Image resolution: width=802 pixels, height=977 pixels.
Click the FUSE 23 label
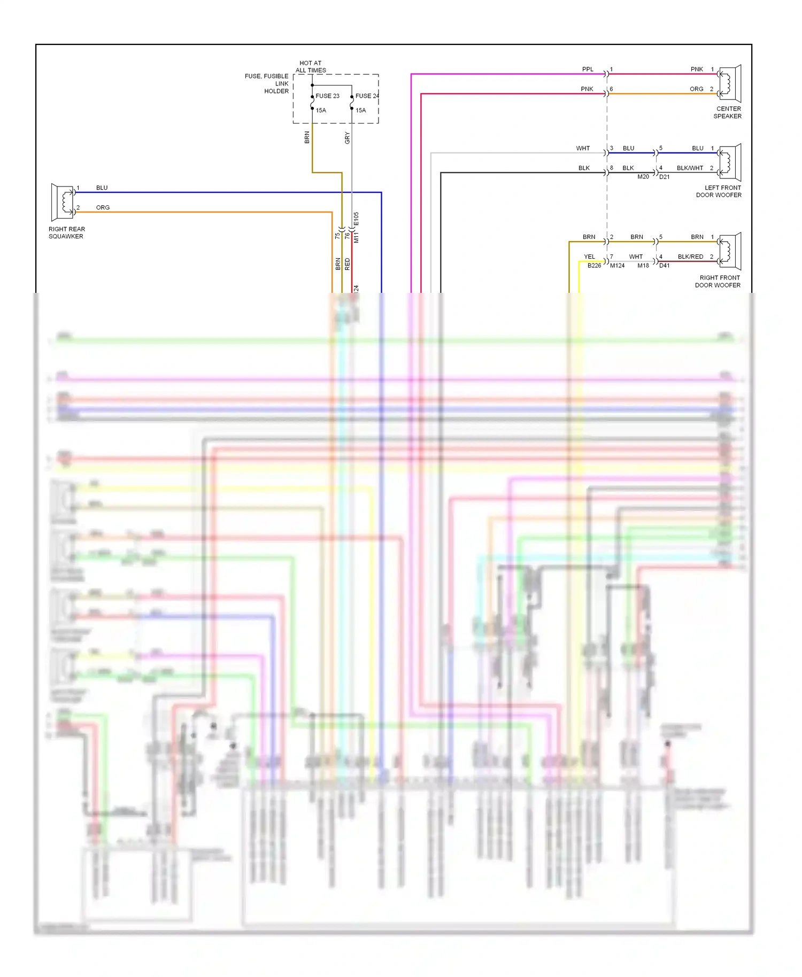pyautogui.click(x=327, y=96)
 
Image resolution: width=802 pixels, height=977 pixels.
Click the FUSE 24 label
pyautogui.click(x=367, y=96)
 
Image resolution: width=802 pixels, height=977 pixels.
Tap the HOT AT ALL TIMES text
pyautogui.click(x=311, y=67)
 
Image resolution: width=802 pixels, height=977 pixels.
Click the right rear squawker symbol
pyautogui.click(x=63, y=202)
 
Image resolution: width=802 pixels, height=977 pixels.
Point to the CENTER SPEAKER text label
pyautogui.click(x=728, y=112)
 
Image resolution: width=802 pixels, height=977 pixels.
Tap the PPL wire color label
pyautogui.click(x=588, y=69)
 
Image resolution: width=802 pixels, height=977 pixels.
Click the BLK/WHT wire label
pyautogui.click(x=690, y=168)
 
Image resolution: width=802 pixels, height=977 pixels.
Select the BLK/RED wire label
pyautogui.click(x=690, y=257)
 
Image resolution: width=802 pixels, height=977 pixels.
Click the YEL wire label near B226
pyautogui.click(x=589, y=257)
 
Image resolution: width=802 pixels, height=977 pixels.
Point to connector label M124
pyautogui.click(x=617, y=266)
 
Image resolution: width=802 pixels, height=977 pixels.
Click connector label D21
pyautogui.click(x=664, y=177)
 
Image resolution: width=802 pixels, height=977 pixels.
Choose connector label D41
pyautogui.click(x=664, y=266)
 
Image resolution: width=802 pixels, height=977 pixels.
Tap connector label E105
pyautogui.click(x=357, y=219)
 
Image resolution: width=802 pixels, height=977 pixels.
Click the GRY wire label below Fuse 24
pyautogui.click(x=347, y=138)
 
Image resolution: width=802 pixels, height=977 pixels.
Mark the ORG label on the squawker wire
pyautogui.click(x=103, y=208)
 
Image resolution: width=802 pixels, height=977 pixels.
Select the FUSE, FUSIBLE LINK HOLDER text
pyautogui.click(x=267, y=84)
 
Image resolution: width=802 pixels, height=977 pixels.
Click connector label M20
pyautogui.click(x=643, y=177)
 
